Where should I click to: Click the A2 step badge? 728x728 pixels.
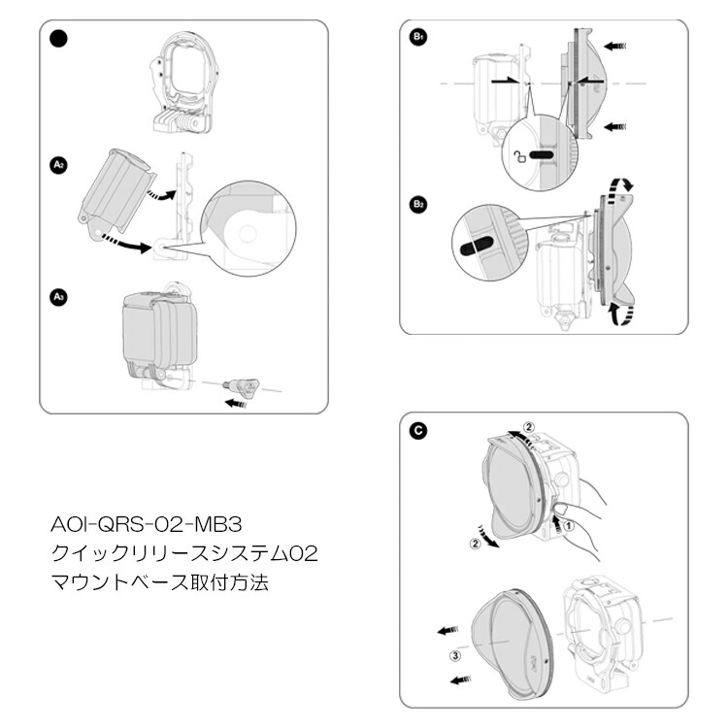(x=58, y=165)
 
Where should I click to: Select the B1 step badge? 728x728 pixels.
(x=418, y=37)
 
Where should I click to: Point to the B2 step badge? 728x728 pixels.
(x=418, y=205)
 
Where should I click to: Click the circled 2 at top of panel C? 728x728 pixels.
(x=529, y=426)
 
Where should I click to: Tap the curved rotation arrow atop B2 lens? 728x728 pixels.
(x=618, y=184)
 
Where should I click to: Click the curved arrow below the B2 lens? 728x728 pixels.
(x=618, y=313)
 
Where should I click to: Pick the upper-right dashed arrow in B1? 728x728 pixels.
(x=614, y=45)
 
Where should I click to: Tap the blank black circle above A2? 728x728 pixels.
(x=58, y=39)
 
